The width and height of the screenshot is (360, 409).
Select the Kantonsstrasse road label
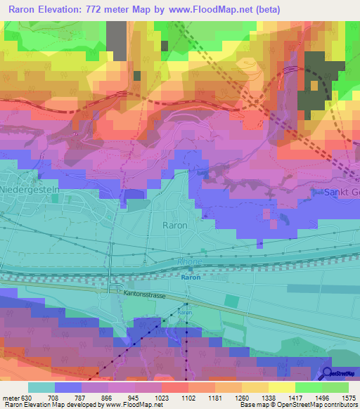pyautogui.click(x=145, y=296)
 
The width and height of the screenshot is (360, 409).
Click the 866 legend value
pyautogui.click(x=108, y=398)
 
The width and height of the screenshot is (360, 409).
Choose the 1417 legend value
pyautogui.click(x=288, y=398)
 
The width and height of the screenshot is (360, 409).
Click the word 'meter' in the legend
pyautogui.click(x=11, y=398)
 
